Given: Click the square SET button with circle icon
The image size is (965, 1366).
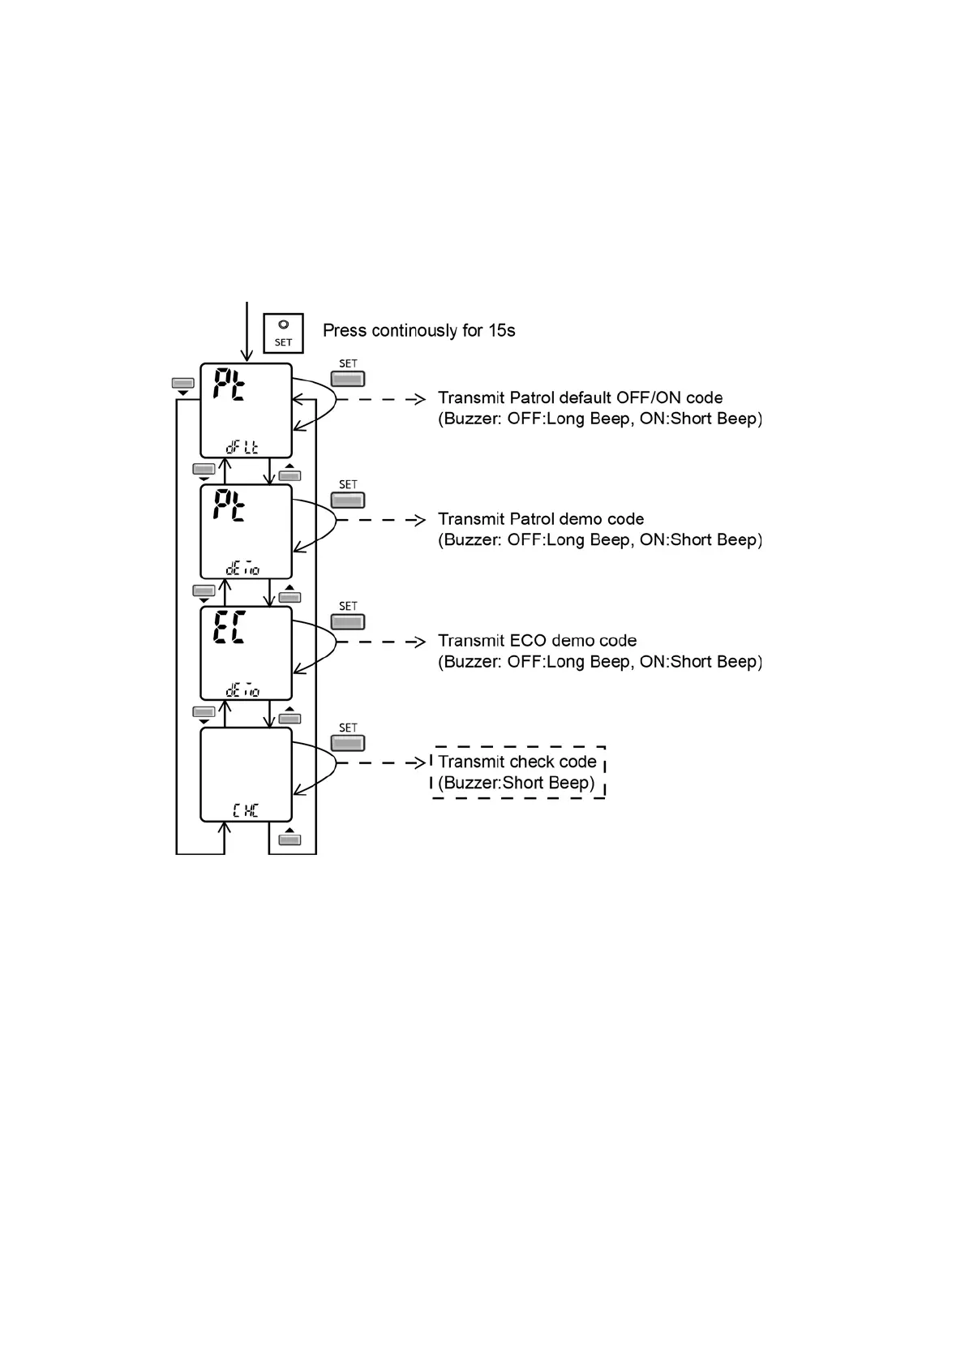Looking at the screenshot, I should point(283,333).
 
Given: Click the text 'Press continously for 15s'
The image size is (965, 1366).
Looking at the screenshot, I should point(418,331).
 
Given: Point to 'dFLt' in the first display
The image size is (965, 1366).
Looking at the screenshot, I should point(242,446).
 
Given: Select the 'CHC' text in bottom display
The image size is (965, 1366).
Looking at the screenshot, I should point(245,810).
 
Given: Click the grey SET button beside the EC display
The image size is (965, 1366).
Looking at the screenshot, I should point(348,621).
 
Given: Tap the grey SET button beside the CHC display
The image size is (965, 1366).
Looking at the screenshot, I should point(348,743).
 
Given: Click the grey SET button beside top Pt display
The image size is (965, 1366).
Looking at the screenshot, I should point(348,379).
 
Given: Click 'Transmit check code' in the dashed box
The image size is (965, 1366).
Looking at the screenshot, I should point(517,762).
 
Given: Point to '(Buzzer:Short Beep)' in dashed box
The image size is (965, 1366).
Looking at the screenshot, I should point(517,783).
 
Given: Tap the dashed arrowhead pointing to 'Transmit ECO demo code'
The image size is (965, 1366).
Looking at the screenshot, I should point(419,642).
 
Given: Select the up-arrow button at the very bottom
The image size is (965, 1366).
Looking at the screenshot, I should point(289,838).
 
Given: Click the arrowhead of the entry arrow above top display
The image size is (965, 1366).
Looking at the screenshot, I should point(247,356).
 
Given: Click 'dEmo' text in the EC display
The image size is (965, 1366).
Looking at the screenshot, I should point(242,691).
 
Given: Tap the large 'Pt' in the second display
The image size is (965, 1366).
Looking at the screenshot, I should point(229,505).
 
